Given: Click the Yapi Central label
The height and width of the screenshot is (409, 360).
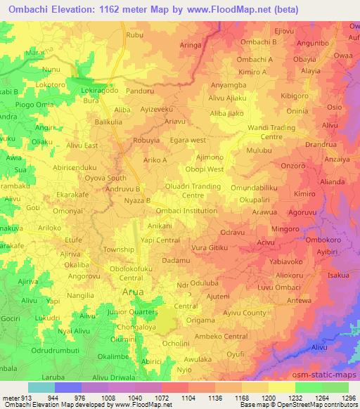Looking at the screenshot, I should coord(159,239).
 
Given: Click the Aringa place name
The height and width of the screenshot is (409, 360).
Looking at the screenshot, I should coord(191,44).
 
